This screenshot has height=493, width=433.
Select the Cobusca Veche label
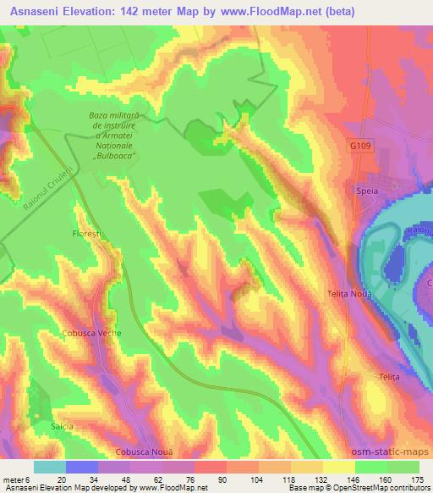[x=91, y=333]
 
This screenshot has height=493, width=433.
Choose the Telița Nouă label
[x=351, y=293]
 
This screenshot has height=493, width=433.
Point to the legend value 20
[x=61, y=479]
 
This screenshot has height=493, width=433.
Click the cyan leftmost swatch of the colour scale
[x=50, y=467]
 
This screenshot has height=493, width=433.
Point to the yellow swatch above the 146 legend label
[x=339, y=467]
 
